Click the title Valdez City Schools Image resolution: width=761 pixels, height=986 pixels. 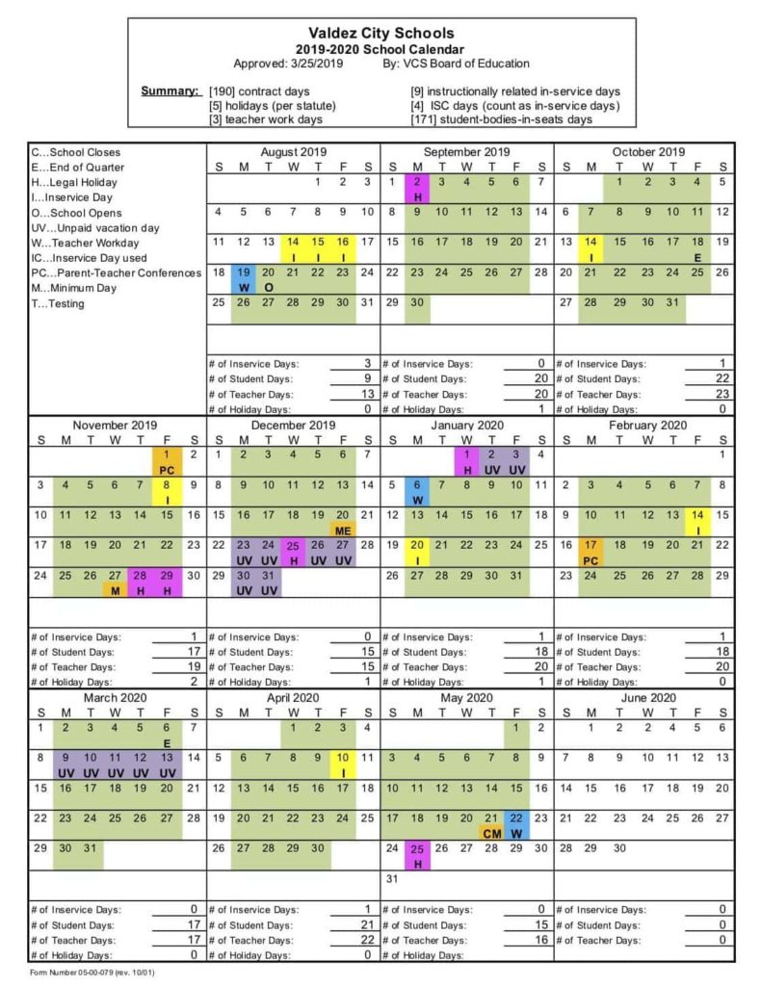381,34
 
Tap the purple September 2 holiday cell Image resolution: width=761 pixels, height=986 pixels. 417,188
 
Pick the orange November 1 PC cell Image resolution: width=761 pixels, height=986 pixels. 165,461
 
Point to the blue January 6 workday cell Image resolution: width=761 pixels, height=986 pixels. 417,491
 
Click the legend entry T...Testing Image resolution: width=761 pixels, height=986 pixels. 59,304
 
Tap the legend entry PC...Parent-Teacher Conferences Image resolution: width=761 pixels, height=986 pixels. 116,273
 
